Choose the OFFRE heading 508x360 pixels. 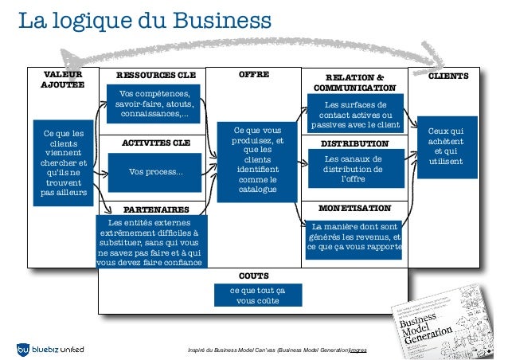click(x=254, y=75)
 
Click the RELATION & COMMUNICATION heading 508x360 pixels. click(x=354, y=81)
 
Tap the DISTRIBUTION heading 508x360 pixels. click(x=354, y=143)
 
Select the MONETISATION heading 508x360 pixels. click(x=354, y=208)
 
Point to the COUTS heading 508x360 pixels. click(x=253, y=276)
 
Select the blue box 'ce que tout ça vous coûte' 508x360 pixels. click(x=253, y=295)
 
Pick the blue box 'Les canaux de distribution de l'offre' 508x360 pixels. click(x=354, y=169)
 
